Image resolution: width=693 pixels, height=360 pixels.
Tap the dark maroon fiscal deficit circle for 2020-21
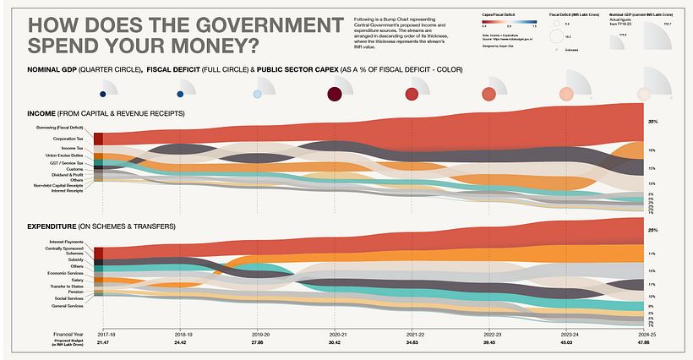[x=334, y=94]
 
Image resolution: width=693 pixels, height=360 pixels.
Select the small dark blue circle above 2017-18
[x=102, y=94]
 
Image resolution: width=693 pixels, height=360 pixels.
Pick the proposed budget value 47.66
[x=643, y=343]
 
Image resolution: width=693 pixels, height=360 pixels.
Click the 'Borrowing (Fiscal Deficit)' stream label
[x=58, y=128]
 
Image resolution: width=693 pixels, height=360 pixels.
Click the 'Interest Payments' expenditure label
[x=66, y=242]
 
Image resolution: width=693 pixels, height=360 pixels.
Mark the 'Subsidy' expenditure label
[x=76, y=259]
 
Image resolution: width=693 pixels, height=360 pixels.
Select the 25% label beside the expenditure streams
[x=652, y=230]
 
